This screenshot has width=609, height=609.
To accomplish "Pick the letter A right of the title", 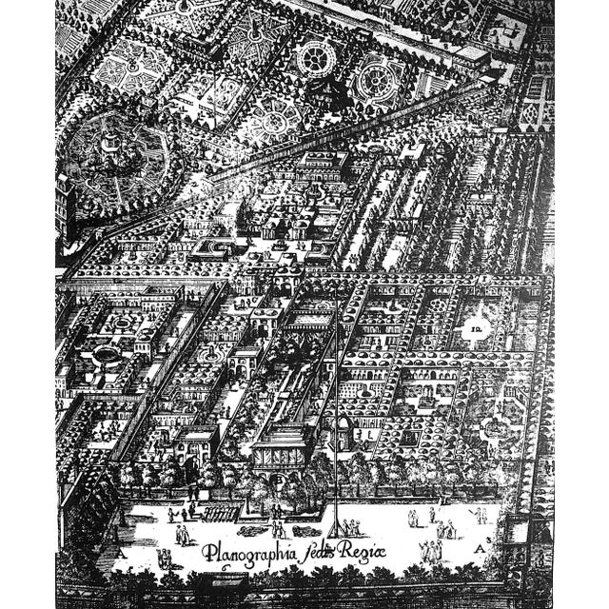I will [x=485, y=549].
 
